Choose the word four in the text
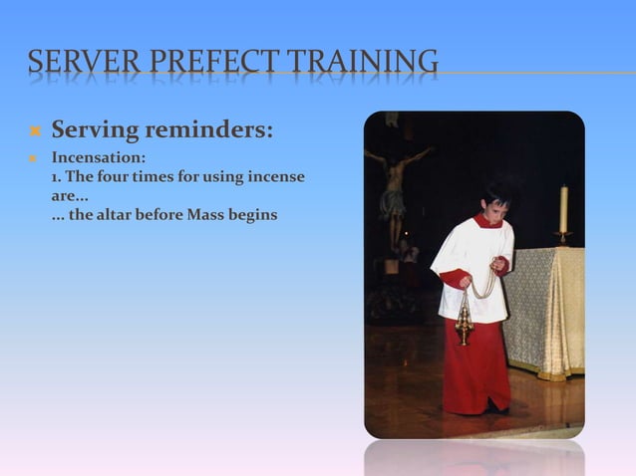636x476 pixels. tap(118, 177)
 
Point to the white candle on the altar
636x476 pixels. tap(563, 208)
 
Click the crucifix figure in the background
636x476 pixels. tap(395, 184)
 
